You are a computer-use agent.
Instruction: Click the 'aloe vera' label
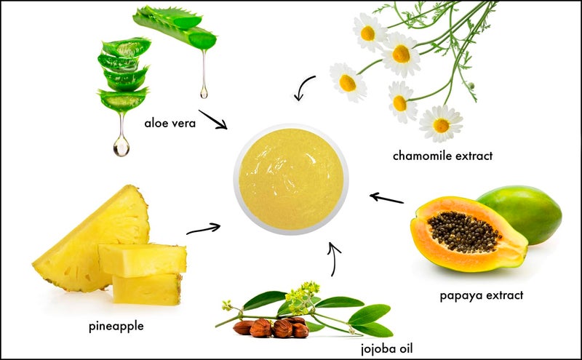tap(170, 122)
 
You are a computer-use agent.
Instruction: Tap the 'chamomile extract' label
tap(442, 156)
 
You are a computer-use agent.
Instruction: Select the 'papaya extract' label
tap(481, 295)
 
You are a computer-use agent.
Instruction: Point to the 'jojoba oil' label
tap(391, 348)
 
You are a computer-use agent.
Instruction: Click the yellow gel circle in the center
tap(290, 179)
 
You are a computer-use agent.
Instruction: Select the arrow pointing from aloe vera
tap(212, 119)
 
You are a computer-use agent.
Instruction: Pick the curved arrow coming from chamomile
tap(305, 88)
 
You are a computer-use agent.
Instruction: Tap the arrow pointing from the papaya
tap(386, 198)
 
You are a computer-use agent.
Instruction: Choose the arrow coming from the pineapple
tap(204, 229)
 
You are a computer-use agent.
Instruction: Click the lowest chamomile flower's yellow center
tap(441, 124)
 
